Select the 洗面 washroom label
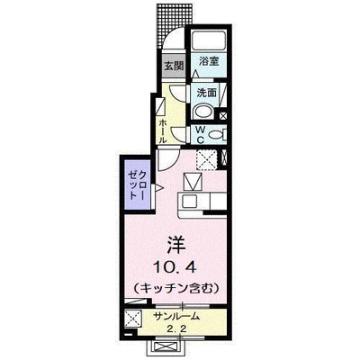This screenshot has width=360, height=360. click(207, 92)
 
